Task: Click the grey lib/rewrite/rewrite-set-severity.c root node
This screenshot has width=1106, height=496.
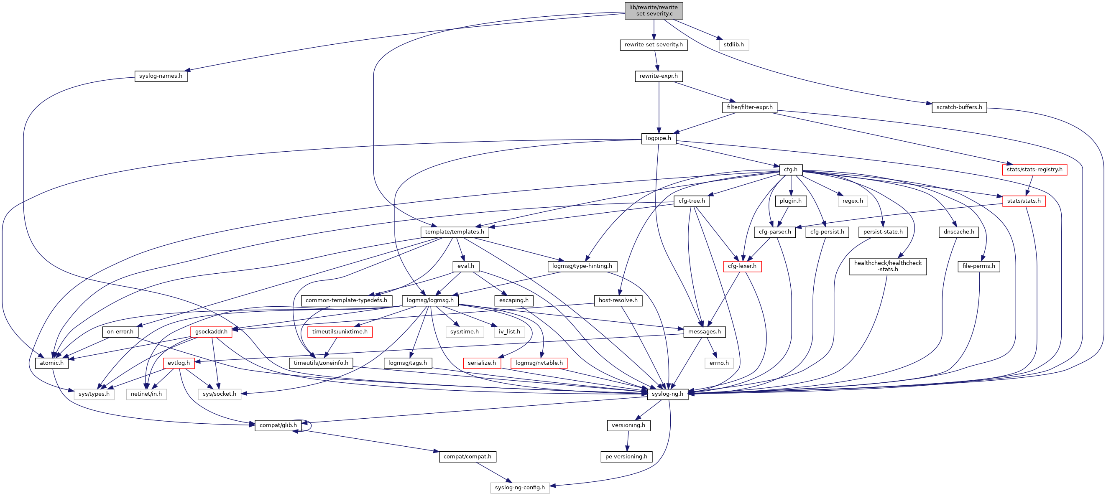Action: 653,10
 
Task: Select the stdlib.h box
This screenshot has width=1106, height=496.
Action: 733,45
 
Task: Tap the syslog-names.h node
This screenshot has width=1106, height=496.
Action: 161,76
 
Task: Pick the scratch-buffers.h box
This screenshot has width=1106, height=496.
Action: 959,107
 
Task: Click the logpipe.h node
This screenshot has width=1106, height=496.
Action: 658,138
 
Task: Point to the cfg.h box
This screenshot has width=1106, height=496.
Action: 790,170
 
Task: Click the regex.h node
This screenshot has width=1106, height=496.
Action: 852,201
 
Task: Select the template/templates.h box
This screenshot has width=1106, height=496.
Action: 454,231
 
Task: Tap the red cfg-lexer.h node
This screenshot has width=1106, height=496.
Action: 742,266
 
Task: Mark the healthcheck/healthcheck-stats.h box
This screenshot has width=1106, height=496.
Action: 887,266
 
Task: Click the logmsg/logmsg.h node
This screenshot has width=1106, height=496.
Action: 430,300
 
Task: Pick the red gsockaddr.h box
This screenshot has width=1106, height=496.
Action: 211,332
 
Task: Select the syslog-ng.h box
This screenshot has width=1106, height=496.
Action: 667,394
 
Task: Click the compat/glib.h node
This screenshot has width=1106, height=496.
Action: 278,425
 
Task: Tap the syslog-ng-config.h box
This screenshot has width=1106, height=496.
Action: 519,487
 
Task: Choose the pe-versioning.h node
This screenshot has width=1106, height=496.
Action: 626,457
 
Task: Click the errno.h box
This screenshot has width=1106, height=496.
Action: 719,363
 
